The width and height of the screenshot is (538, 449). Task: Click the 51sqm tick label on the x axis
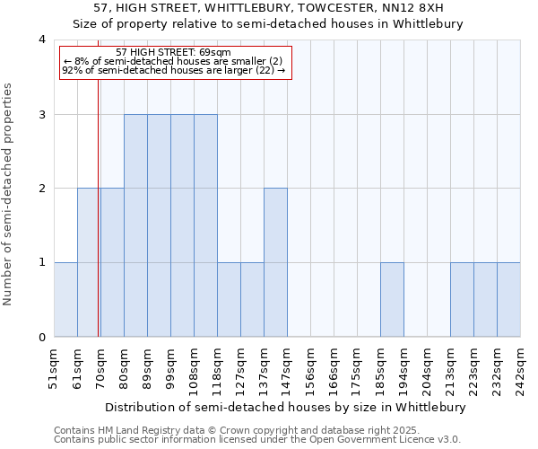54,368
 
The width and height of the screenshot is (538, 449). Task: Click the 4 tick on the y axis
42,40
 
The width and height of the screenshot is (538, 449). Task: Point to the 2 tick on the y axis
42,189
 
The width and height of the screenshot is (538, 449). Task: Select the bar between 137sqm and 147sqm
275,262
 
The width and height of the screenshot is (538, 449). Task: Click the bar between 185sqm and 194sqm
392,300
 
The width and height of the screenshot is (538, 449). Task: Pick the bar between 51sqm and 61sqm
65,300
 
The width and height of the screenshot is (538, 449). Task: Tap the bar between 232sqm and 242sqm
508,300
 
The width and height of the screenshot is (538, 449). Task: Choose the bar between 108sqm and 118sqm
205,225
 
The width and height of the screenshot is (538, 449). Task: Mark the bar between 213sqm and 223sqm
462,300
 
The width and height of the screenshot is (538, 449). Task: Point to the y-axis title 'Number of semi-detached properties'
8,194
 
